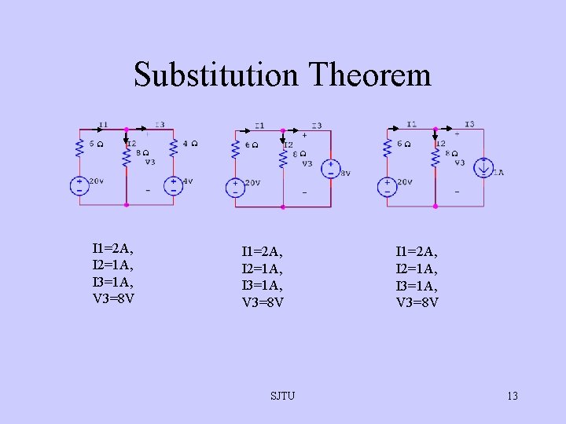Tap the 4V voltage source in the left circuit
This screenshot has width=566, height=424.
pyautogui.click(x=172, y=185)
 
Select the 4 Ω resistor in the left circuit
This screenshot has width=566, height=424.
pyautogui.click(x=173, y=146)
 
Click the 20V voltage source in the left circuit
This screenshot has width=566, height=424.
pyautogui.click(x=79, y=185)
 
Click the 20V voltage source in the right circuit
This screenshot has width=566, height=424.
pyautogui.click(x=387, y=186)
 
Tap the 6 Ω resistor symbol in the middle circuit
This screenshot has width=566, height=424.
pyautogui.click(x=234, y=148)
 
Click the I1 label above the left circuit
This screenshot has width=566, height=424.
pyautogui.click(x=104, y=124)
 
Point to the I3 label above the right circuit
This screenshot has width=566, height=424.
pyautogui.click(x=469, y=124)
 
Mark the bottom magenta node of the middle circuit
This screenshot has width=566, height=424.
pyautogui.click(x=283, y=207)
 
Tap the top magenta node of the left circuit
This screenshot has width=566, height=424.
pyautogui.click(x=126, y=130)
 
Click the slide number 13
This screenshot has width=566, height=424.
pyautogui.click(x=513, y=396)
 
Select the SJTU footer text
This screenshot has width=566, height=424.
pyautogui.click(x=282, y=396)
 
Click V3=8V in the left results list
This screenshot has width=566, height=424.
pyautogui.click(x=113, y=298)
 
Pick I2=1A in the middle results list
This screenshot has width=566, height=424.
pyautogui.click(x=263, y=269)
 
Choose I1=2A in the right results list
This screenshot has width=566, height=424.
pyautogui.click(x=417, y=252)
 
